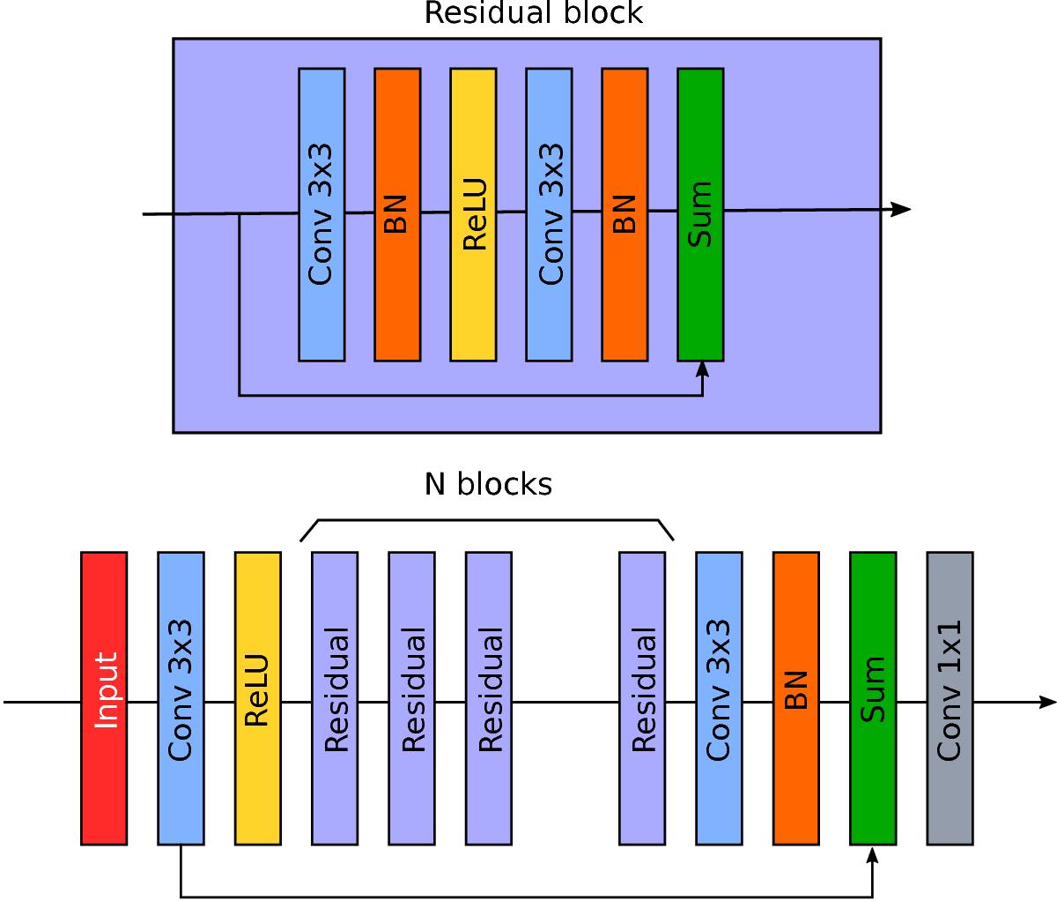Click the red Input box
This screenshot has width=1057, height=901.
point(104,698)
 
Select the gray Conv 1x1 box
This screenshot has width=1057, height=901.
point(950,698)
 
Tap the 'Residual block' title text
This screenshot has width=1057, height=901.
point(534,14)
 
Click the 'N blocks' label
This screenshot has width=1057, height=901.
point(488,484)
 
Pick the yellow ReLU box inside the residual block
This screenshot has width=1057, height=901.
point(473,214)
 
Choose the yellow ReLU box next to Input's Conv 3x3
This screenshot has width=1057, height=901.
point(258,698)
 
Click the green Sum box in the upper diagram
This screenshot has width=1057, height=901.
point(700,214)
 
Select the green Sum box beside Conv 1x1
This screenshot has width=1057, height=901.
point(873,698)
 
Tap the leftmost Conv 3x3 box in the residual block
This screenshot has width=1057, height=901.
point(322,214)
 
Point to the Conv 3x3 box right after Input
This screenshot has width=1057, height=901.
point(181,698)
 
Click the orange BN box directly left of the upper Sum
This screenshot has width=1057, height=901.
point(625,214)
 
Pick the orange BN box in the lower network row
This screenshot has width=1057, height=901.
point(795,698)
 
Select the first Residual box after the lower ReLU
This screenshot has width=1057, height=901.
point(335,698)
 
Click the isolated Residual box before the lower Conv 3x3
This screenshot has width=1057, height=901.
point(642,698)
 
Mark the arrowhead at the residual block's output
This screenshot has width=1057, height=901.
point(901,209)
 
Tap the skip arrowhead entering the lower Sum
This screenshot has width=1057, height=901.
point(873,854)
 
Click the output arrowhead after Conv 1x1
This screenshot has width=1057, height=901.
point(1047,703)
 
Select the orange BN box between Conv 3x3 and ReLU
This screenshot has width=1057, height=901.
point(397,214)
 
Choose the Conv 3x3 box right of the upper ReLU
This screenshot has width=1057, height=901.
point(549,214)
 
